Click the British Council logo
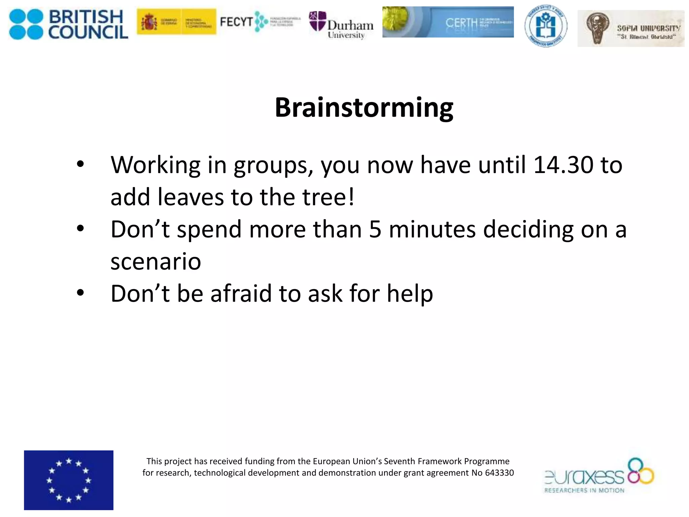tap(68, 24)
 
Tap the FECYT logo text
tap(236, 22)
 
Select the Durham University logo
tap(341, 26)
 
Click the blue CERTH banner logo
tap(448, 22)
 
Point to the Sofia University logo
tap(631, 29)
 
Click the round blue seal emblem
tap(546, 26)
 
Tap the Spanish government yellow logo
tap(176, 22)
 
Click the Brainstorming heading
tap(364, 108)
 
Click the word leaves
tap(190, 197)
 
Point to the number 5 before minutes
tap(375, 230)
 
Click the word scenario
tap(155, 262)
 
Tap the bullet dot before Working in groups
tap(80, 164)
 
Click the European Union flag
tap(69, 480)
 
